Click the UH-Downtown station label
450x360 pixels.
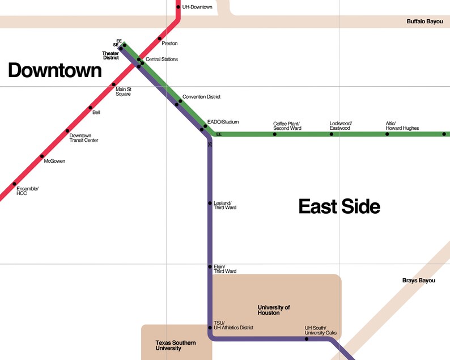pyautogui.click(x=197, y=7)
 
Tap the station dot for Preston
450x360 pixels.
pyautogui.click(x=160, y=39)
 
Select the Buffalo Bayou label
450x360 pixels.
pyautogui.click(x=424, y=22)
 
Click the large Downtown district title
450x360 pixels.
pyautogui.click(x=54, y=70)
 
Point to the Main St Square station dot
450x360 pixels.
pyautogui.click(x=114, y=84)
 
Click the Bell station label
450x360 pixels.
pyautogui.click(x=96, y=113)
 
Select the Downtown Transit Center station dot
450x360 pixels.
pyautogui.click(x=67, y=131)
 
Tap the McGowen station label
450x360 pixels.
pyautogui.click(x=54, y=162)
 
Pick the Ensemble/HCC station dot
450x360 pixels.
pyautogui.click(x=14, y=184)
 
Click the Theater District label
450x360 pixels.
pyautogui.click(x=111, y=56)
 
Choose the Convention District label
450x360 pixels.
pyautogui.click(x=201, y=97)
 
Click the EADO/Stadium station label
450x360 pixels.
pyautogui.click(x=223, y=122)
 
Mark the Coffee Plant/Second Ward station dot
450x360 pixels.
pyautogui.click(x=275, y=134)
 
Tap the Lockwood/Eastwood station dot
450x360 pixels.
pyautogui.click(x=332, y=134)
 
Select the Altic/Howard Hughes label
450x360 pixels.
pyautogui.click(x=402, y=126)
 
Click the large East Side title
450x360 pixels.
pyautogui.click(x=339, y=206)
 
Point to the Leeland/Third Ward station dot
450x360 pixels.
pyautogui.click(x=210, y=203)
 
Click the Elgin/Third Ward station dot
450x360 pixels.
pyautogui.click(x=210, y=266)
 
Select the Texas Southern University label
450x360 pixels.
pyautogui.click(x=176, y=345)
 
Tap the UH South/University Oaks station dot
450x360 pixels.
pyautogui.click(x=307, y=339)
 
